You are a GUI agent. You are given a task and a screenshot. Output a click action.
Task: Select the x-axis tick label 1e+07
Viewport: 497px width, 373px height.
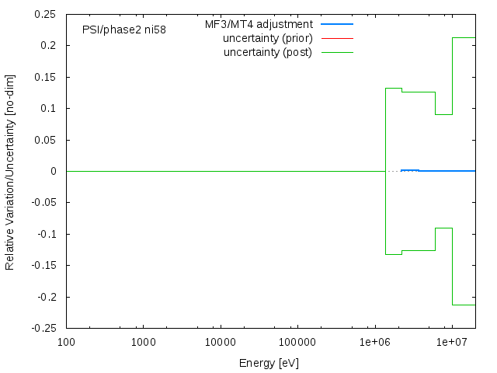point(451,343)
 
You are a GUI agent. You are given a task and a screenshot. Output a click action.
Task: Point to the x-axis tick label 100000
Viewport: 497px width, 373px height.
point(297,343)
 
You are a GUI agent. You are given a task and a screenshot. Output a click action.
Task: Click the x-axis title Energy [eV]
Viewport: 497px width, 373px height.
point(269,363)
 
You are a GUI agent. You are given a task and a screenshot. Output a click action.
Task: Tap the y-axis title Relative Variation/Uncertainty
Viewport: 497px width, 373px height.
point(10,171)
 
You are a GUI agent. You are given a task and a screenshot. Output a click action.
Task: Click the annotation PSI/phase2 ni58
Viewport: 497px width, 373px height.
point(123,30)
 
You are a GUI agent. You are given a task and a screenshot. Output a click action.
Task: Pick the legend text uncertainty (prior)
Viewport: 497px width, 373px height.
point(267,38)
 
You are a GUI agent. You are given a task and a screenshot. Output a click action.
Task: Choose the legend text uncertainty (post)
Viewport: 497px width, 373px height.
point(268,52)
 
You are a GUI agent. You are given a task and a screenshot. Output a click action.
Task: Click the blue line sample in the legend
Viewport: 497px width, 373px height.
point(337,24)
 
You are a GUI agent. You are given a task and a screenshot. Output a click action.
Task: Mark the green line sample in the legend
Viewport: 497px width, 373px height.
point(337,52)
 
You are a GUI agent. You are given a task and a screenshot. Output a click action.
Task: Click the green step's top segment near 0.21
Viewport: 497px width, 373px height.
point(464,37)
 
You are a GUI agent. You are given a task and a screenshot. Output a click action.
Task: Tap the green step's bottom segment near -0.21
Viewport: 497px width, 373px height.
point(464,305)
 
